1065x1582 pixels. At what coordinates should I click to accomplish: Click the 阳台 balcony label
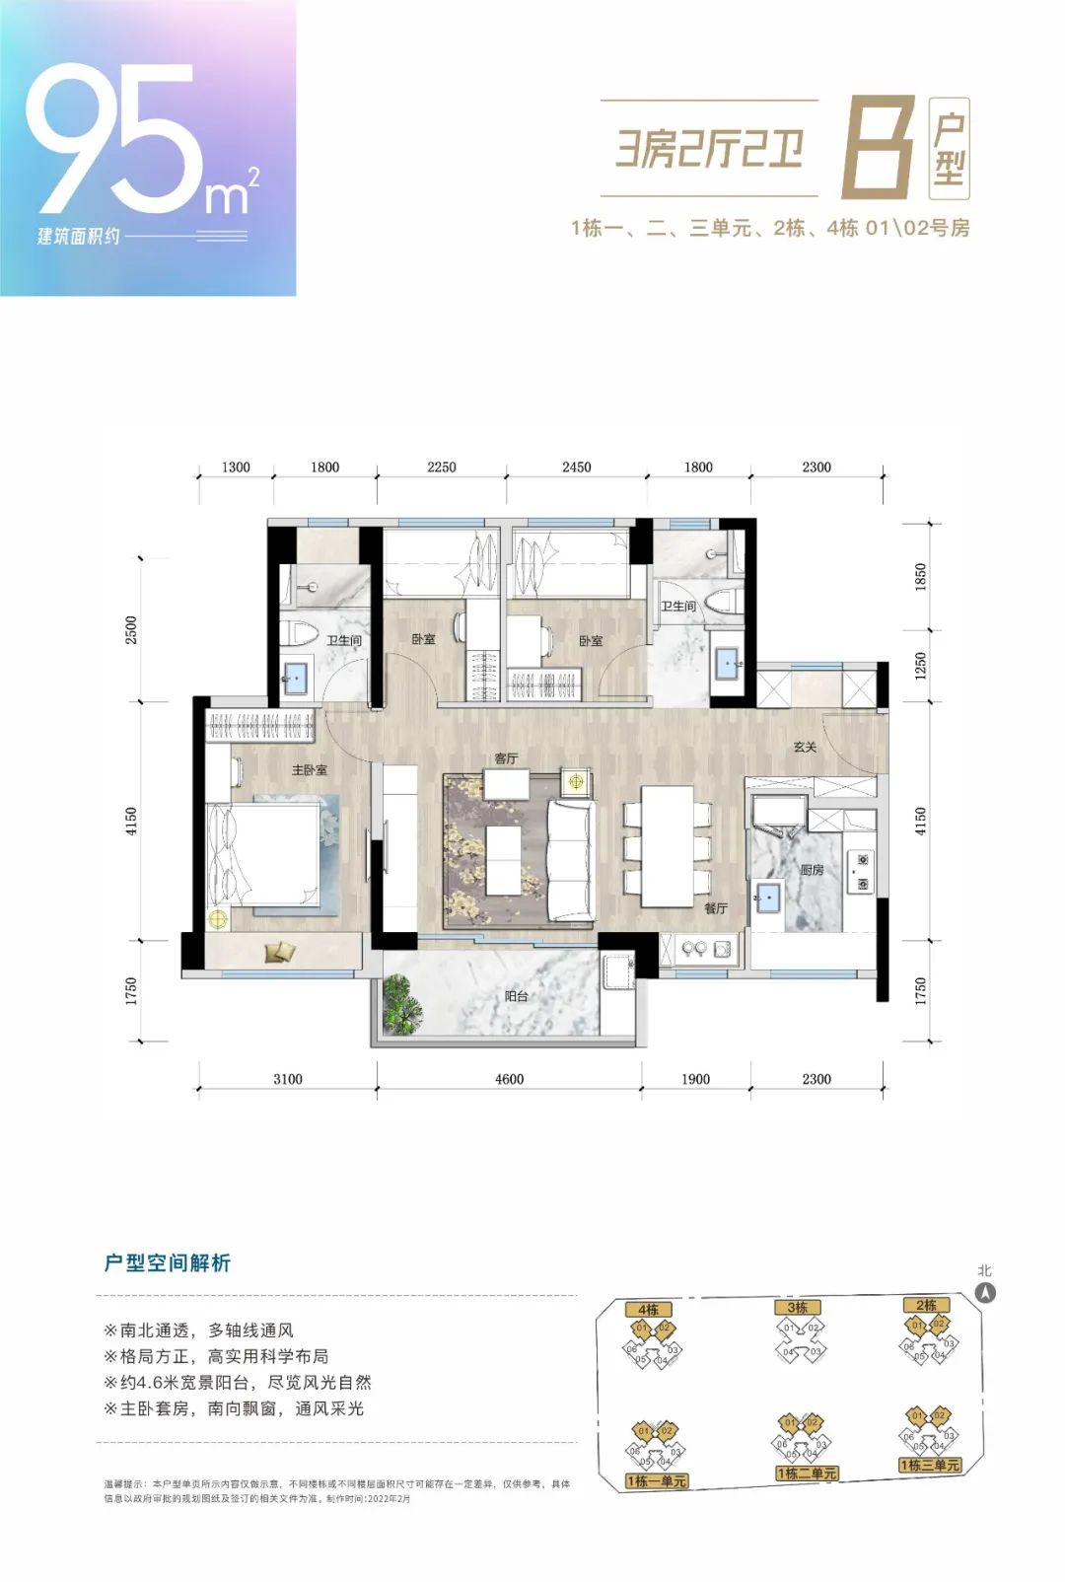(x=516, y=996)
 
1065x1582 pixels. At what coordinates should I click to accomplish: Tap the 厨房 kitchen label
(x=812, y=870)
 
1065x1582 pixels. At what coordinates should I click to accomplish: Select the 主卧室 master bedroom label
(x=309, y=769)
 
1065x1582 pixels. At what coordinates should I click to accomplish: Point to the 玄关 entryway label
(x=805, y=747)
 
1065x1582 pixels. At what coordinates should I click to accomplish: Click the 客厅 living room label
(x=506, y=757)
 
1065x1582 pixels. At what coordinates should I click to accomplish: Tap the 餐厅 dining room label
(x=716, y=907)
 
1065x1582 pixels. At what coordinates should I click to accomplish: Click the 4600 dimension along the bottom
(x=509, y=1079)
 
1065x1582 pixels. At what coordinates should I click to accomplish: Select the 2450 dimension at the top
(x=576, y=467)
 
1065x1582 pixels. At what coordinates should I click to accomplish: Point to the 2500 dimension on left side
(x=132, y=629)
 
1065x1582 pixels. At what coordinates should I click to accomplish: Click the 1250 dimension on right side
(x=921, y=666)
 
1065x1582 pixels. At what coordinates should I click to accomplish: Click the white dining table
(x=668, y=845)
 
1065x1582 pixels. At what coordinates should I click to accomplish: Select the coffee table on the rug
(x=503, y=859)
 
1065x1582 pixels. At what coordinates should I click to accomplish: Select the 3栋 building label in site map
(x=797, y=1307)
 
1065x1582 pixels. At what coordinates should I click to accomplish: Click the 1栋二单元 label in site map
(x=807, y=1474)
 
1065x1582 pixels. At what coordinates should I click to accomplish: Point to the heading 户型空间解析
(x=167, y=1263)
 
